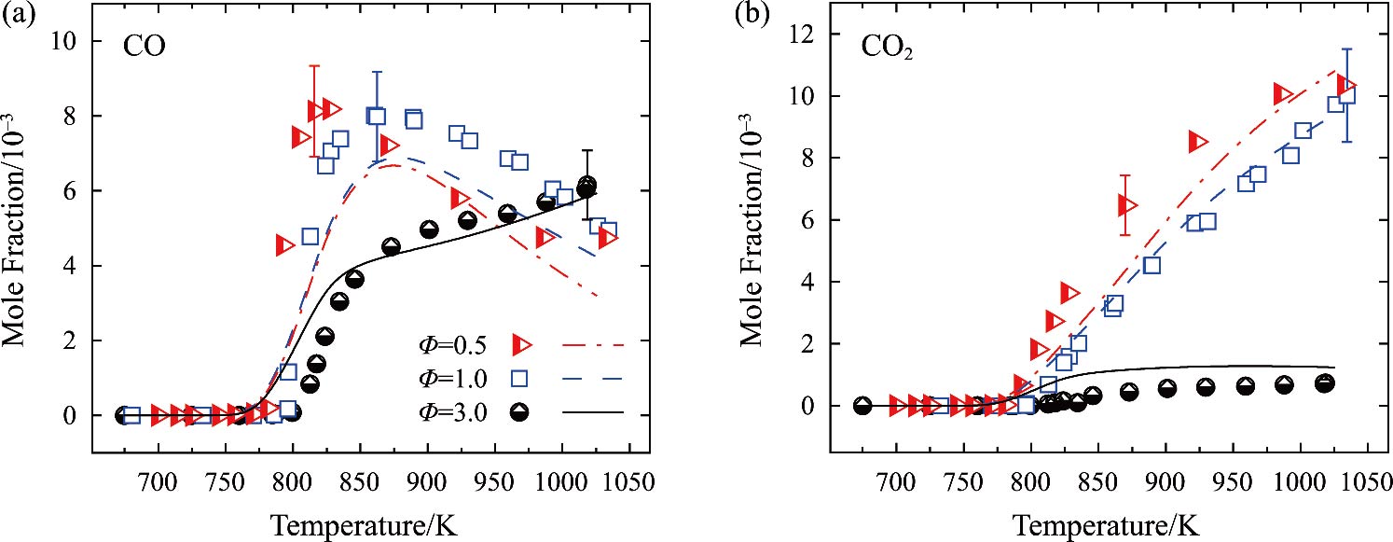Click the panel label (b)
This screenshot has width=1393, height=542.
[x=723, y=14]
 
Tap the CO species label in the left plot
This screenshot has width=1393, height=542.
[x=145, y=48]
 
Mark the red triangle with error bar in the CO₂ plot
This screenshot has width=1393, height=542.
[x=1125, y=205]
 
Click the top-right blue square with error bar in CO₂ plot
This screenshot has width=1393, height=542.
[x=1346, y=94]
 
